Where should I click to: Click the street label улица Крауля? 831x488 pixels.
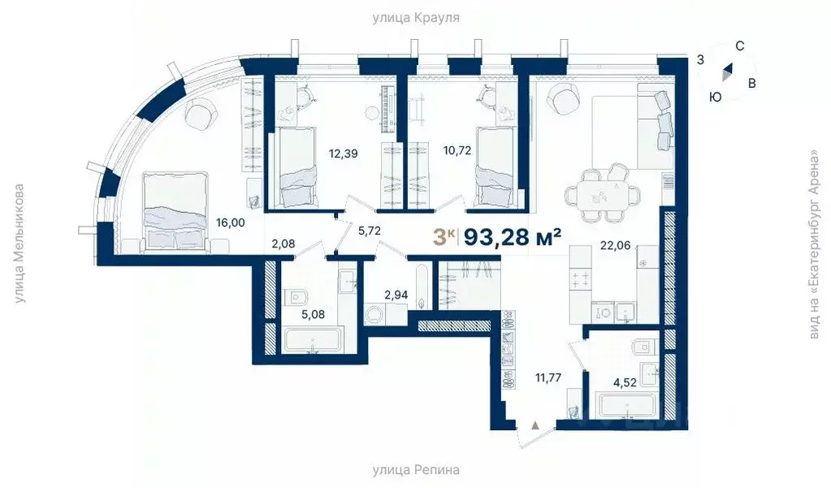tap(415, 17)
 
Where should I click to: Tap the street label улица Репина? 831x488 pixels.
tap(415, 470)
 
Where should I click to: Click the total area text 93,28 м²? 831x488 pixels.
tap(513, 237)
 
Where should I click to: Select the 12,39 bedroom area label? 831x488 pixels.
tap(344, 151)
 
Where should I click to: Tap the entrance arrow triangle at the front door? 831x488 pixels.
tap(535, 424)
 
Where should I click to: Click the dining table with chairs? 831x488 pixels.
tap(603, 193)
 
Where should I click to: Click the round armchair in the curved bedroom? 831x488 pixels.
tap(198, 115)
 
